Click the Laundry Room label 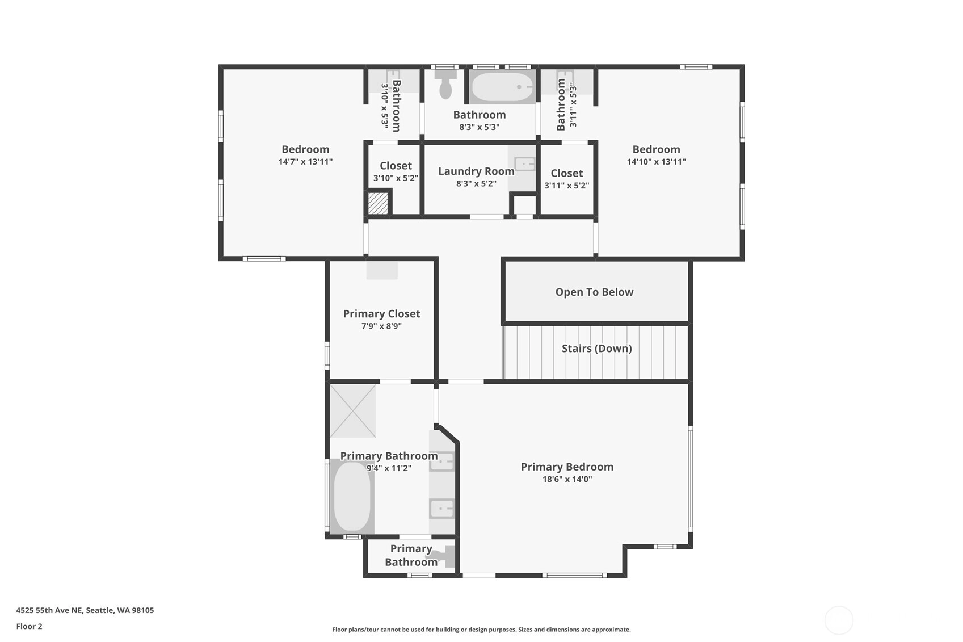click(476, 171)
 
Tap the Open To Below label click(594, 292)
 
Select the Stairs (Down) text click(597, 349)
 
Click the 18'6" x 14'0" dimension click(567, 479)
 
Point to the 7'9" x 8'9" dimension click(381, 326)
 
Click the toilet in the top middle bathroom click(445, 84)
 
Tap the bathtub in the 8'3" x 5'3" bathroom click(502, 87)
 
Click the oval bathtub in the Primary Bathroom click(352, 497)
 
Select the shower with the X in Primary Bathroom click(353, 410)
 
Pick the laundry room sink click(524, 164)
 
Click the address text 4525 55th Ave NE click(49, 610)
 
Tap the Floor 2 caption click(30, 626)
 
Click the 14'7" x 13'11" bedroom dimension click(305, 162)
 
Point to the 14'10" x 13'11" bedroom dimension click(656, 162)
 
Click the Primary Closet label click(381, 314)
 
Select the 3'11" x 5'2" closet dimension click(567, 186)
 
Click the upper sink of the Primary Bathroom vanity click(442, 461)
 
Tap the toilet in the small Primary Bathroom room click(444, 556)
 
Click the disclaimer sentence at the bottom click(481, 630)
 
